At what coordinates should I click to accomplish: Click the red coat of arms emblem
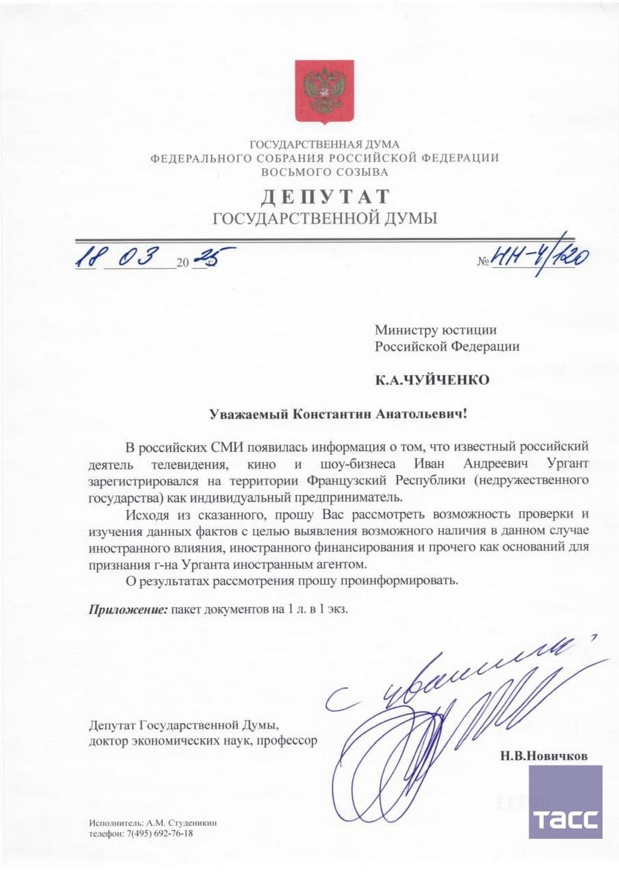(324, 91)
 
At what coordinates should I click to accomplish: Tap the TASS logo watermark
(565, 801)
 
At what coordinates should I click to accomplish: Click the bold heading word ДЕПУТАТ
(325, 197)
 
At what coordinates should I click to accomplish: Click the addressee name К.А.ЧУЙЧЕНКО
(432, 380)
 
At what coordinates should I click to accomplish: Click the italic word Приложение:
(127, 609)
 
